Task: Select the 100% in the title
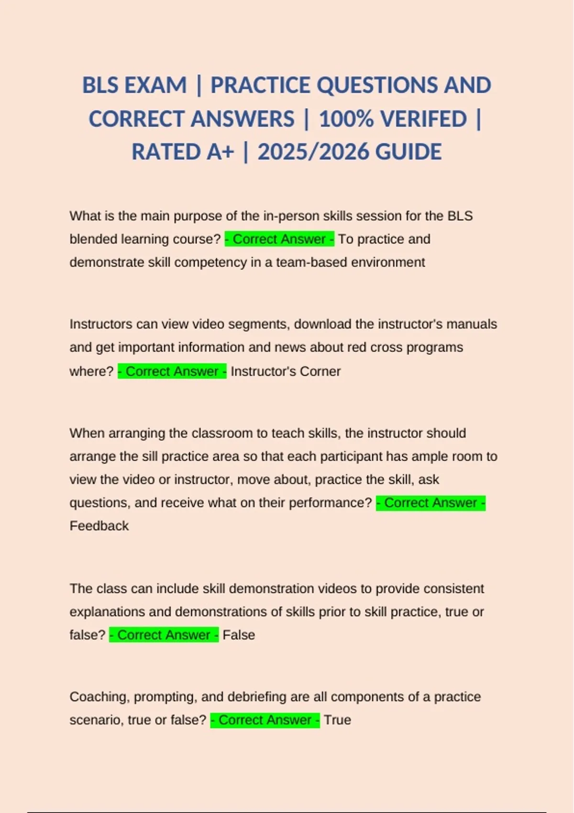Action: (x=345, y=119)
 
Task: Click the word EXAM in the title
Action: (x=155, y=86)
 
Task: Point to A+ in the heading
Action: (x=221, y=152)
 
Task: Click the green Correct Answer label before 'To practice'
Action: (x=279, y=239)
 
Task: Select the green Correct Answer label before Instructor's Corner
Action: (x=172, y=372)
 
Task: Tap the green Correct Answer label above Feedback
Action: (x=430, y=503)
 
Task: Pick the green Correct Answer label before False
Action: (x=164, y=635)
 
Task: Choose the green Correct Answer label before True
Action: (x=265, y=720)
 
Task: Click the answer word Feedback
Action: (x=99, y=526)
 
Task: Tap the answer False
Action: (x=239, y=635)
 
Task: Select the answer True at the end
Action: (x=337, y=720)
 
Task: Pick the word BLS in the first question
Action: (x=460, y=216)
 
